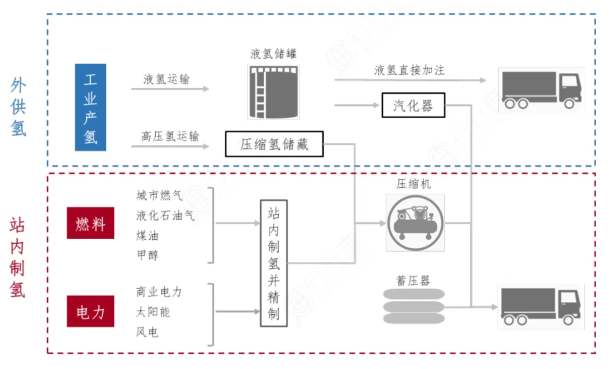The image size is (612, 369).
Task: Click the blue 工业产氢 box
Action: (x=90, y=107)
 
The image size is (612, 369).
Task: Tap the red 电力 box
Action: (x=90, y=311)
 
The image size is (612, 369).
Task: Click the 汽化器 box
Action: (x=413, y=105)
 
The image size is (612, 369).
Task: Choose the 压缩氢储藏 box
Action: (x=274, y=144)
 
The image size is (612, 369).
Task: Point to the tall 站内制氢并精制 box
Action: (x=274, y=263)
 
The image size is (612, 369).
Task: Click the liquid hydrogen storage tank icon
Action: (x=274, y=91)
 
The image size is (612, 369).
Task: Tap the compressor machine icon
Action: (x=415, y=222)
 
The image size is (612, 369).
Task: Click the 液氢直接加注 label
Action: (x=409, y=70)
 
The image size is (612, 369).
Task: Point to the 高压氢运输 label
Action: (x=170, y=136)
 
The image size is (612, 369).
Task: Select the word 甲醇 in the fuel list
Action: (x=147, y=255)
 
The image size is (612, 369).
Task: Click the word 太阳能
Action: (x=153, y=311)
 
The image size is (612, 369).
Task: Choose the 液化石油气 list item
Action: (x=165, y=215)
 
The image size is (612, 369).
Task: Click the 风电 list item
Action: (x=147, y=331)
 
